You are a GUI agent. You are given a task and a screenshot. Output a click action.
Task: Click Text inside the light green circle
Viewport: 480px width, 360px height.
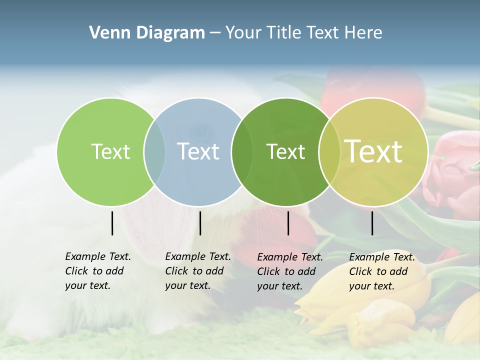(110, 151)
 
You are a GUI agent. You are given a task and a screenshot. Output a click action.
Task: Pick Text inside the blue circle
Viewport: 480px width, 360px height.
(198, 151)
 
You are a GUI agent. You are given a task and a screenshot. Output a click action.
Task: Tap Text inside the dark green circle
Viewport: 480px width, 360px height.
(286, 151)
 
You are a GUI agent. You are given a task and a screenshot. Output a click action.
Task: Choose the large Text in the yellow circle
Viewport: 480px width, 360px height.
(373, 151)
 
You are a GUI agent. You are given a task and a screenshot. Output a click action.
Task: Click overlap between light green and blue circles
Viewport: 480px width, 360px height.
(154, 151)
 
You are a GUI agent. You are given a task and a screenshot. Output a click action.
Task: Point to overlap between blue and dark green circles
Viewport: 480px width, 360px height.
(242, 151)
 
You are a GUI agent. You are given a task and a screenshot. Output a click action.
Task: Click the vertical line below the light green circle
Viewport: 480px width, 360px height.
(112, 223)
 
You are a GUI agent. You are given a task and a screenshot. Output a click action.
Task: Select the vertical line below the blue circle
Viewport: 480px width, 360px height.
(200, 223)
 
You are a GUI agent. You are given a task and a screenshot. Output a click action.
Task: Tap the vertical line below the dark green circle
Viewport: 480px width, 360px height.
(288, 223)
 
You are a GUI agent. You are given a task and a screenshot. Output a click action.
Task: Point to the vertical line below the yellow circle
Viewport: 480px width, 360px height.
(372, 223)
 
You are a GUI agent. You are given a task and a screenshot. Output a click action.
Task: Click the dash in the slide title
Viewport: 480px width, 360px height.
(215, 33)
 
